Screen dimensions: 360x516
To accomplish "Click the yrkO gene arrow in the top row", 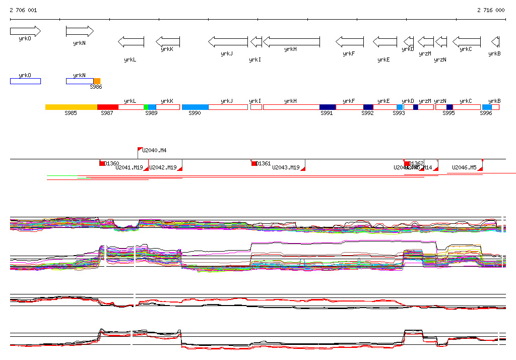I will [x=25, y=31].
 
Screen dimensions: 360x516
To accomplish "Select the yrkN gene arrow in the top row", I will [x=80, y=31].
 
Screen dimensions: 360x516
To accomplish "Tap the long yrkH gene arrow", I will [x=291, y=41].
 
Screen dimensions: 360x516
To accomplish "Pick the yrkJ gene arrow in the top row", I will [x=228, y=41].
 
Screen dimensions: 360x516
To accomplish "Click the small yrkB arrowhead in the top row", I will [x=495, y=41].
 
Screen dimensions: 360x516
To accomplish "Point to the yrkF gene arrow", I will [x=350, y=41].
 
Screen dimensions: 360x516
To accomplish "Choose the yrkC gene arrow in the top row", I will [x=467, y=41].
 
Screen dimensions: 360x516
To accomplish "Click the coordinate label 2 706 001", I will [x=23, y=10].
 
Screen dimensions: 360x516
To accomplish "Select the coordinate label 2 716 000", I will [x=491, y=10].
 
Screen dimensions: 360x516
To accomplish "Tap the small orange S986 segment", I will [x=97, y=81].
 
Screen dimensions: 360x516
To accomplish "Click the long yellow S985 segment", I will [x=71, y=107].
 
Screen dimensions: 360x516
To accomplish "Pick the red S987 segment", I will [x=108, y=107].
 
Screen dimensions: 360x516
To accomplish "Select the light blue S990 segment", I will [x=195, y=107].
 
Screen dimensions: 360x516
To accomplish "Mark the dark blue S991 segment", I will [x=328, y=107].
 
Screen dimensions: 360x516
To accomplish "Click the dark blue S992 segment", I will [x=368, y=107].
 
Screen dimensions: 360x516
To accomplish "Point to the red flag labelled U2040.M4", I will [x=140, y=150].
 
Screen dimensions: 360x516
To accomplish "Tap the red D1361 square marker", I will [x=254, y=163].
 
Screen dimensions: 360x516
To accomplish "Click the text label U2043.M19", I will [x=286, y=167].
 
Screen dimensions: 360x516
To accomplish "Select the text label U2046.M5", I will [x=464, y=167].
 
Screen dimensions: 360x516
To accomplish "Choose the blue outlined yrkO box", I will [x=25, y=81].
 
